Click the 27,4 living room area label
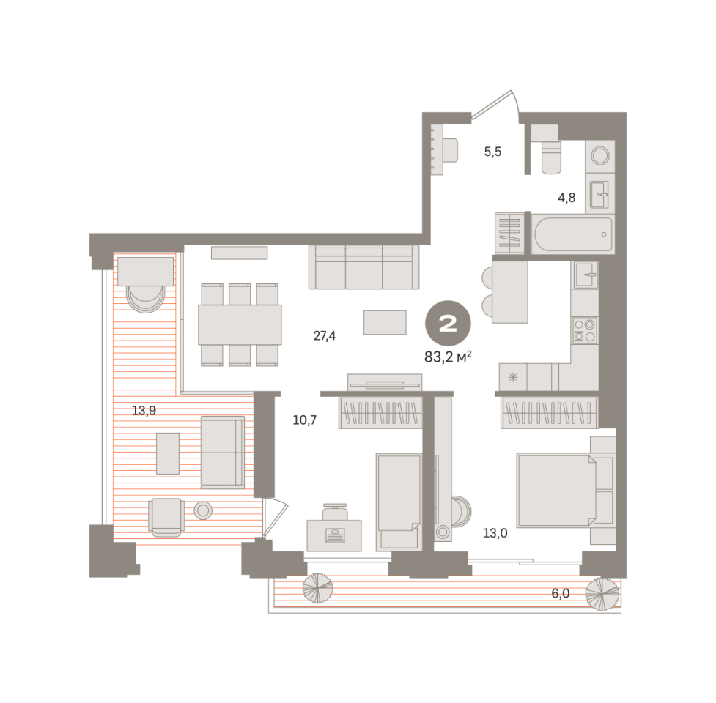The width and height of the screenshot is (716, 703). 324,336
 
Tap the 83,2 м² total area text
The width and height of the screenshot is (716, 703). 448,357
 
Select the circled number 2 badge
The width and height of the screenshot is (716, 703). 448,324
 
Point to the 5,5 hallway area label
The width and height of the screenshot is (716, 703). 492,152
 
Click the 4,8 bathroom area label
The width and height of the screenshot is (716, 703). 566,198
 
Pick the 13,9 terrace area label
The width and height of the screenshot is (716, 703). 144,411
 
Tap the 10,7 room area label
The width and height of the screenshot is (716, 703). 305,420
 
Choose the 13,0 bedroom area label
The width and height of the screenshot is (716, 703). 495,533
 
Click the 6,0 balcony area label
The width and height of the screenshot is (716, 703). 561,593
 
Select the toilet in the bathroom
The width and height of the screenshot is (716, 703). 550,157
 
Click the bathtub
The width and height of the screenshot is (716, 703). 572,234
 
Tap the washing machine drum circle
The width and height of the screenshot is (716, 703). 600,155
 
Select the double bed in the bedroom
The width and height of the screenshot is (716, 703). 556,490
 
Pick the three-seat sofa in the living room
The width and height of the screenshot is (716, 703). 364,267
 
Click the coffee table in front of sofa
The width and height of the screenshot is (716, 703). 385,322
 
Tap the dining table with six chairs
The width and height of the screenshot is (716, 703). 240,325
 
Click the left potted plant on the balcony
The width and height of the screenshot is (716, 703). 318,588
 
